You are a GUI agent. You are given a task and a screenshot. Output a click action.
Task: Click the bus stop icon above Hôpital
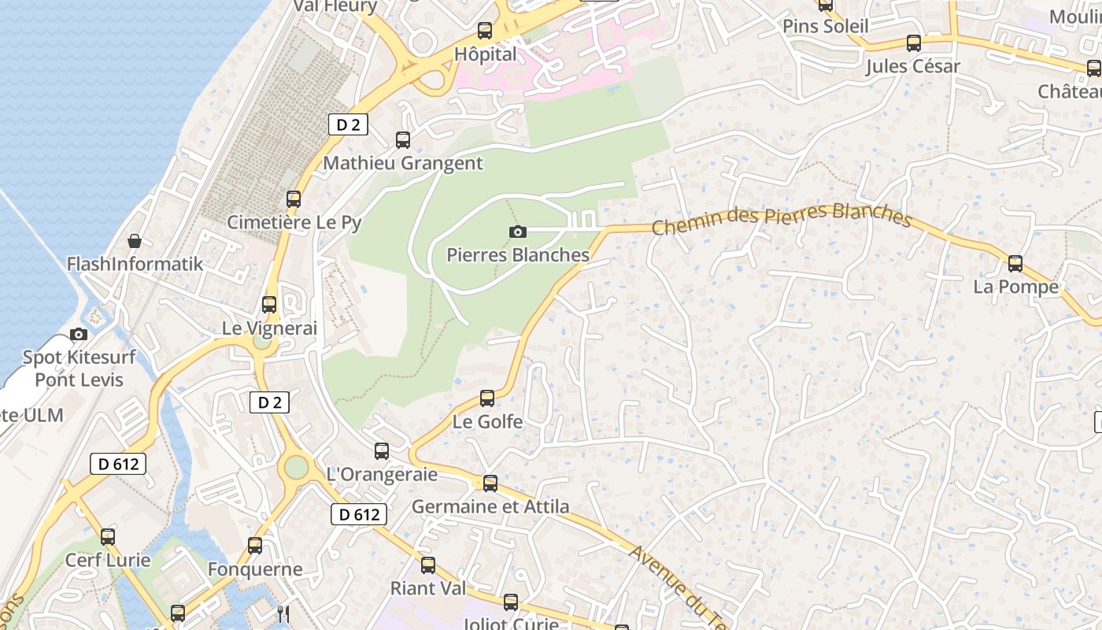click(485, 31)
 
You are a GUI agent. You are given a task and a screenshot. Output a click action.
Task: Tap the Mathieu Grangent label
click(403, 163)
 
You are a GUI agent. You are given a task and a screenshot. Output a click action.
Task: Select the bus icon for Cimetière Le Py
click(294, 199)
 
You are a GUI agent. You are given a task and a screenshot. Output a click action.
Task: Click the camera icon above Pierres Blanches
click(517, 232)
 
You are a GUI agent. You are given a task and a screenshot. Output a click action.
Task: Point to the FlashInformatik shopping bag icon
click(135, 240)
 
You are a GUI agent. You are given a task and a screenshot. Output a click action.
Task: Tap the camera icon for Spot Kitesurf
click(79, 335)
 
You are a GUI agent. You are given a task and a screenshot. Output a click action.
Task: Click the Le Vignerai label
click(269, 328)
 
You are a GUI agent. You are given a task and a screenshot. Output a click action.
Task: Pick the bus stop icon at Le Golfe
click(487, 398)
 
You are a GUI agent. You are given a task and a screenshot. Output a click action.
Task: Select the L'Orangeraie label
click(382, 474)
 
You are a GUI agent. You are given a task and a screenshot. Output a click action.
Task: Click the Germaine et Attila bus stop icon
click(490, 483)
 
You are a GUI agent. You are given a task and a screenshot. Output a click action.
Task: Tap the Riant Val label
click(428, 588)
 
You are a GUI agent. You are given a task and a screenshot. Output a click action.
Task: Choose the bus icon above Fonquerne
click(255, 545)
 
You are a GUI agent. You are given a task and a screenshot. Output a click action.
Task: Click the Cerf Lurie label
click(108, 561)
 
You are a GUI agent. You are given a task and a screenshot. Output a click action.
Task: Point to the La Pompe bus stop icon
click(1015, 263)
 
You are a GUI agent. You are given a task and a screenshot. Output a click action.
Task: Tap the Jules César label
click(913, 66)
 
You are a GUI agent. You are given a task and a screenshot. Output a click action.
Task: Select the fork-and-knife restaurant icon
click(284, 613)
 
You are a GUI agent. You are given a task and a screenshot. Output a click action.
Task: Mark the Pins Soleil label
click(826, 26)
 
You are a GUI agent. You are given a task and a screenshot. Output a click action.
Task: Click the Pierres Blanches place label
click(518, 255)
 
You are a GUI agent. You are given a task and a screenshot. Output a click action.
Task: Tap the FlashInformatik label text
click(135, 264)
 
